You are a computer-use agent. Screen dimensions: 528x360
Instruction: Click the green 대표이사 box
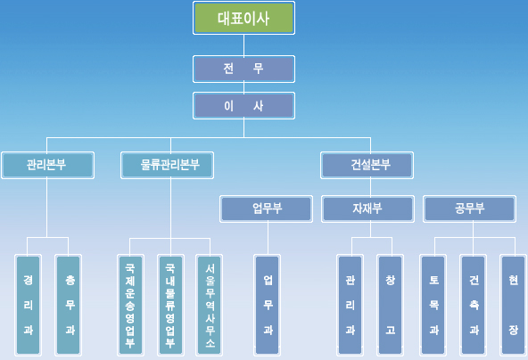pos(243,18)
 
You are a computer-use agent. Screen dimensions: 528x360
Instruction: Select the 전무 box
pos(243,69)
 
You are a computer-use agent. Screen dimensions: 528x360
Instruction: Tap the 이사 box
pos(243,106)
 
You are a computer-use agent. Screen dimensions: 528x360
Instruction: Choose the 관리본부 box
pos(47,165)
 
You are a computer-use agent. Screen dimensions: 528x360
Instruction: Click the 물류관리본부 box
pos(167,165)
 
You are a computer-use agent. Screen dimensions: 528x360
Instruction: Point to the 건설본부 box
pos(367,165)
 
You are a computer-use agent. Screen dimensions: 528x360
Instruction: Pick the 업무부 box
pos(267,209)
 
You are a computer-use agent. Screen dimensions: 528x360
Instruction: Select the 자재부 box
pos(367,209)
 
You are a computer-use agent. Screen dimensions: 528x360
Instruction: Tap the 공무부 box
pos(469,209)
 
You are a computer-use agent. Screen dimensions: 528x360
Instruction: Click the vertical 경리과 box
pos(28,305)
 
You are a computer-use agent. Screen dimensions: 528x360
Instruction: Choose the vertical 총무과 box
pos(69,305)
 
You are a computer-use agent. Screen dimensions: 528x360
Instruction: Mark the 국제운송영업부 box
pos(130,305)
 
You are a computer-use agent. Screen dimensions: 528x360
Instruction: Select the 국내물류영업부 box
pos(170,305)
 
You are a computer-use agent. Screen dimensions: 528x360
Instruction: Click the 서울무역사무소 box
pos(209,305)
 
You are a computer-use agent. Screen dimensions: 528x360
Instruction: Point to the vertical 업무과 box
pos(267,305)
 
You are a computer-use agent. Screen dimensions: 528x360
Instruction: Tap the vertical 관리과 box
pos(351,305)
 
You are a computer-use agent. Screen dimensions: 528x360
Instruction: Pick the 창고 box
pos(391,305)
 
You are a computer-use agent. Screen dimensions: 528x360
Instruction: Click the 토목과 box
pos(433,305)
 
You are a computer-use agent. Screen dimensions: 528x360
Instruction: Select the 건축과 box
pos(473,305)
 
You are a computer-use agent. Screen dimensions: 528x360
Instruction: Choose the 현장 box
pos(513,305)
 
